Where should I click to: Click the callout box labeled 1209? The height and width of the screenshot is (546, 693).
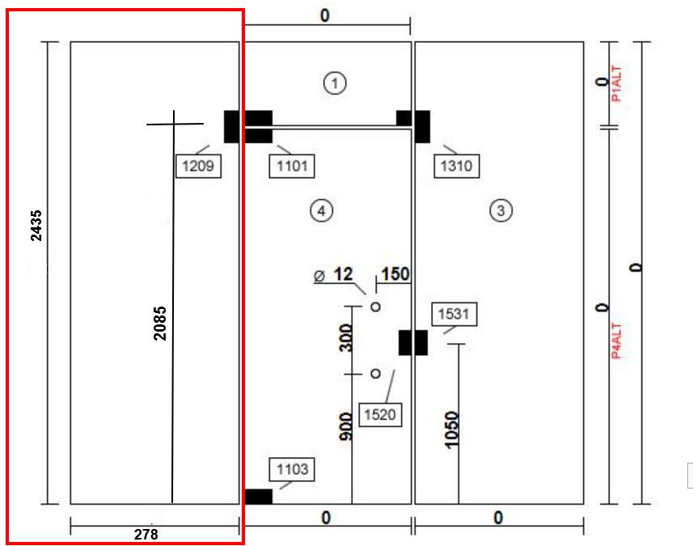pyautogui.click(x=198, y=167)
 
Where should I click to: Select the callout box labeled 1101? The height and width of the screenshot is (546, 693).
pyautogui.click(x=291, y=167)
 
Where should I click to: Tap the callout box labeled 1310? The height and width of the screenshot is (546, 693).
pyautogui.click(x=456, y=167)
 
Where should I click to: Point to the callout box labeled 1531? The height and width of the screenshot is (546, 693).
pyautogui.click(x=454, y=314)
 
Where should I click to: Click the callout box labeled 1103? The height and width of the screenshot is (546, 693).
pyautogui.click(x=292, y=469)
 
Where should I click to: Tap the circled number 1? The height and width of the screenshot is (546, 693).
pyautogui.click(x=334, y=82)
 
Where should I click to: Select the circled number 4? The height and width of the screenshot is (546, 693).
pyautogui.click(x=321, y=211)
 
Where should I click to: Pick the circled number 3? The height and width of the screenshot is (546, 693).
pyautogui.click(x=501, y=211)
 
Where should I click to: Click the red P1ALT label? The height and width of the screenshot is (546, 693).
pyautogui.click(x=616, y=85)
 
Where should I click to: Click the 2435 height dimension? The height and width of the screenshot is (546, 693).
pyautogui.click(x=36, y=226)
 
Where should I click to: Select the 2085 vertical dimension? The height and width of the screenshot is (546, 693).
pyautogui.click(x=160, y=321)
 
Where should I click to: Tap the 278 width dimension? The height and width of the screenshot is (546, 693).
pyautogui.click(x=146, y=534)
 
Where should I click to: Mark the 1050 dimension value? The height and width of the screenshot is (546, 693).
pyautogui.click(x=452, y=430)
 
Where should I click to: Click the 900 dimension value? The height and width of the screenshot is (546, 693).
pyautogui.click(x=345, y=426)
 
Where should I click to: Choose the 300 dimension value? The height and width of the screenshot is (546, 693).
pyautogui.click(x=345, y=336)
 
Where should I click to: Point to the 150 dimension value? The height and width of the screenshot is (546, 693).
pyautogui.click(x=395, y=274)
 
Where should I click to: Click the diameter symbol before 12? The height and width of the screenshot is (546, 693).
pyautogui.click(x=320, y=276)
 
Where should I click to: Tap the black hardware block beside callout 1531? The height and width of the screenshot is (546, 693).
pyautogui.click(x=412, y=342)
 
